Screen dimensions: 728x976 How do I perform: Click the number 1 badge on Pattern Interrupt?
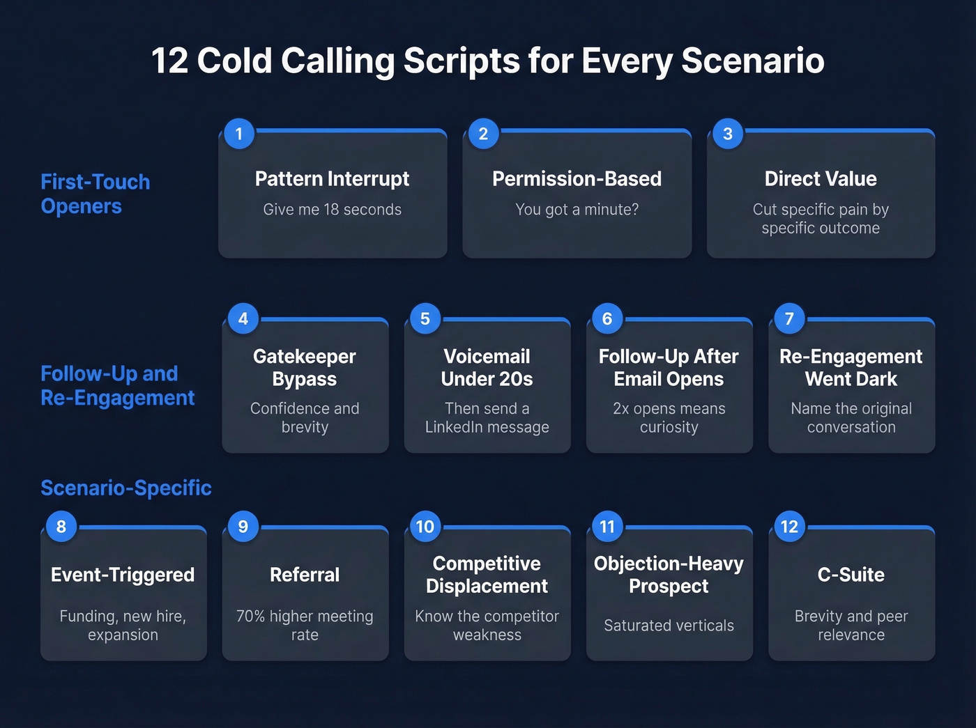pyautogui.click(x=239, y=134)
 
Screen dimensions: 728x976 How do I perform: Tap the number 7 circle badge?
pyautogui.click(x=789, y=319)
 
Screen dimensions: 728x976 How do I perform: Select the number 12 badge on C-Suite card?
pyautogui.click(x=789, y=527)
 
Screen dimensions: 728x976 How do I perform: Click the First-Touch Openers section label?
pyautogui.click(x=95, y=194)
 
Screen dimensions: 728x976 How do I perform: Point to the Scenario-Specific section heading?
pyautogui.click(x=126, y=488)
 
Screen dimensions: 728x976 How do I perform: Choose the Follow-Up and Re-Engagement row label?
pyautogui.click(x=117, y=385)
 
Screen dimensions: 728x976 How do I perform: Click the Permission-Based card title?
pyautogui.click(x=577, y=179)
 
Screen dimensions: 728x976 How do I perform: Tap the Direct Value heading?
pyautogui.click(x=821, y=179)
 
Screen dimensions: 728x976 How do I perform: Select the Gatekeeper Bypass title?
pyautogui.click(x=305, y=368)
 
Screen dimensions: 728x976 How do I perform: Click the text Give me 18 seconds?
pyautogui.click(x=332, y=210)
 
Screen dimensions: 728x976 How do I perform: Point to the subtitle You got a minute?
pyautogui.click(x=577, y=210)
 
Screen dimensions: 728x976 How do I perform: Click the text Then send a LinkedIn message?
pyautogui.click(x=487, y=418)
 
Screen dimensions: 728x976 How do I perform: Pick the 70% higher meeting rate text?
pyautogui.click(x=305, y=626)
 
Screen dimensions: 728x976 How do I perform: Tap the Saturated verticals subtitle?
pyautogui.click(x=669, y=626)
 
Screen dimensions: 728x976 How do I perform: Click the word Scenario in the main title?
pyautogui.click(x=753, y=61)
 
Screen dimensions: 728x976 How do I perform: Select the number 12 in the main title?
pyautogui.click(x=169, y=61)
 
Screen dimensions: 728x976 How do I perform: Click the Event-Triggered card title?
pyautogui.click(x=123, y=575)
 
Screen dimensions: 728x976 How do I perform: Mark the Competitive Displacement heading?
pyautogui.click(x=487, y=575)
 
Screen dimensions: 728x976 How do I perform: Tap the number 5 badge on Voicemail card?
pyautogui.click(x=425, y=319)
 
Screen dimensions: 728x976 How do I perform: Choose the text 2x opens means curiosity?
pyautogui.click(x=669, y=418)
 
